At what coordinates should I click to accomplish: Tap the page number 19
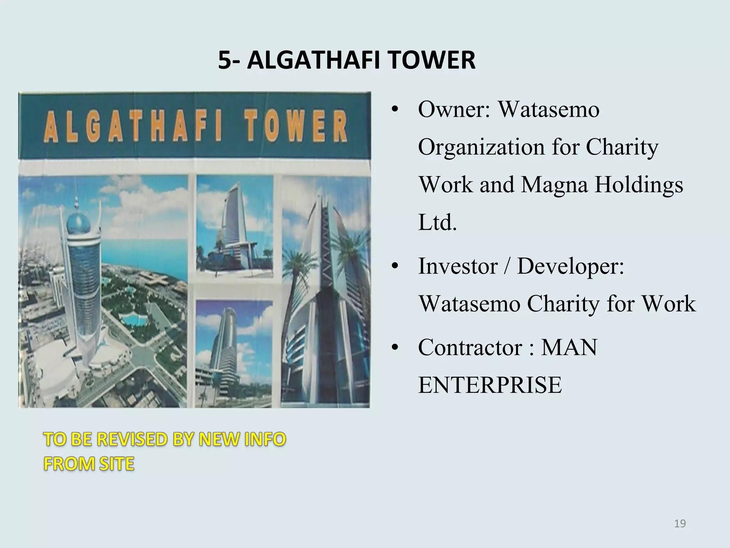[680, 523]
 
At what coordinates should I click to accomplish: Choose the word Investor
[458, 266]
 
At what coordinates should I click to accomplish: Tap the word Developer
[571, 266]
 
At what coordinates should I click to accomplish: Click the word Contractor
[470, 347]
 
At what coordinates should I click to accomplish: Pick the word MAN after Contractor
[569, 347]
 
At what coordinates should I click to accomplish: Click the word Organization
[482, 147]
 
